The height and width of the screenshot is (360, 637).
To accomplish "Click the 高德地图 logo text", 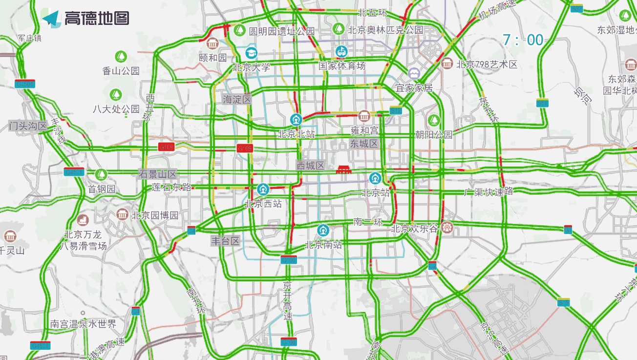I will [x=97, y=18].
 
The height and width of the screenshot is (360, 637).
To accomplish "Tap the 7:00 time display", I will [x=523, y=40].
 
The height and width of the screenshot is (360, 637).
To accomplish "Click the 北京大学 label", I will [x=252, y=67].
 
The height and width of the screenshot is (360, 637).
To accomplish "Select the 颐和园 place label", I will [x=213, y=58].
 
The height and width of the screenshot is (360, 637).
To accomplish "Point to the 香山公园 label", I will [x=121, y=71].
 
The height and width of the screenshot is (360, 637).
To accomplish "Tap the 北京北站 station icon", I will [x=296, y=119].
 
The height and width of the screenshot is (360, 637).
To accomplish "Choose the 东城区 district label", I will [x=364, y=144].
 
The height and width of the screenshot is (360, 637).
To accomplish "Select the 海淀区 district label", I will [x=237, y=100].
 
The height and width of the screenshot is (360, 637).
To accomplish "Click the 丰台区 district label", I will [x=225, y=241].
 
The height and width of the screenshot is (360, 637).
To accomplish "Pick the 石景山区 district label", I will [x=157, y=174].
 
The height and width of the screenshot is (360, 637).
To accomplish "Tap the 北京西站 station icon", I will [x=263, y=189].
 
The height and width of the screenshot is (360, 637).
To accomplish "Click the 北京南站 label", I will [x=323, y=245].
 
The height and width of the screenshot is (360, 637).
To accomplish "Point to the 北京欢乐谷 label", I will [x=415, y=228].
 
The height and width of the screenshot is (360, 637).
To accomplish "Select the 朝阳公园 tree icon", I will [x=433, y=120].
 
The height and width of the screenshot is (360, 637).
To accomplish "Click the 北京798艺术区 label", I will [x=487, y=64].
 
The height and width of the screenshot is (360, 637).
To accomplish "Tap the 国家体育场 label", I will [x=342, y=65].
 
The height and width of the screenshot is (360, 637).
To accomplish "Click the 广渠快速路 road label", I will [x=488, y=191].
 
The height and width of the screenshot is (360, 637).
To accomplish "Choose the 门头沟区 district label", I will [x=28, y=126].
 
